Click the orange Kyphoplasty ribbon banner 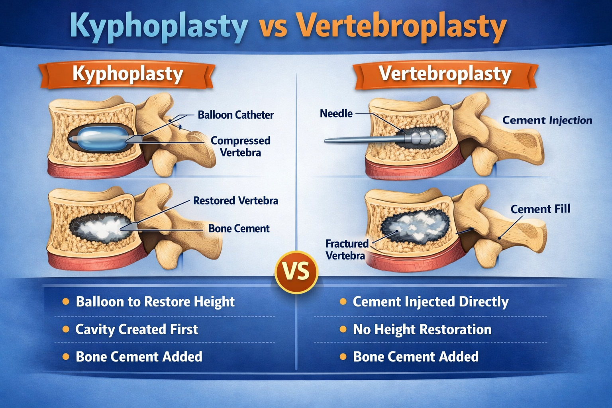[127, 75]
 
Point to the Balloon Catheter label [235, 115]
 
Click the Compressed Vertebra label [240, 146]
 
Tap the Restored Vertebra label [235, 200]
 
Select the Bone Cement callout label [239, 229]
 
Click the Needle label [336, 114]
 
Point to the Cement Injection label [547, 120]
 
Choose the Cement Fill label [540, 209]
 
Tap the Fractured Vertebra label [346, 249]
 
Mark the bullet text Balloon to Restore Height [155, 302]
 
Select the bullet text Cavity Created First [136, 330]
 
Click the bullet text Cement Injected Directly [430, 302]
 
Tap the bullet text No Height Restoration [422, 330]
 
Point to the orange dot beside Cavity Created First [66, 330]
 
